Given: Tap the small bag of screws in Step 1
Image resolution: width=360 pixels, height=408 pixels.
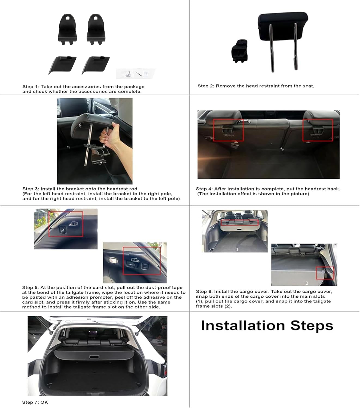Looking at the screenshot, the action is pyautogui.click(x=136, y=73).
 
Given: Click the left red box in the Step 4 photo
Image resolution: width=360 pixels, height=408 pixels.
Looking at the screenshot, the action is pyautogui.click(x=228, y=130).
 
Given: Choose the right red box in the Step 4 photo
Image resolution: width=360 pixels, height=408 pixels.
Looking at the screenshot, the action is pyautogui.click(x=318, y=130).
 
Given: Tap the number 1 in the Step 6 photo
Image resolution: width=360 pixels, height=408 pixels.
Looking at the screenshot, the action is pyautogui.click(x=237, y=249).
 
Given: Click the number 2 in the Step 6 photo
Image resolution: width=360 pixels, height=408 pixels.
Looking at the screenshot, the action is pyautogui.click(x=307, y=283).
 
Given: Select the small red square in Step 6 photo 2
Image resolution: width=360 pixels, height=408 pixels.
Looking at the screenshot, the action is pyautogui.click(x=325, y=273).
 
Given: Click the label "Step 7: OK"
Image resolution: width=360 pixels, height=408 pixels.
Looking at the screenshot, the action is pyautogui.click(x=35, y=402).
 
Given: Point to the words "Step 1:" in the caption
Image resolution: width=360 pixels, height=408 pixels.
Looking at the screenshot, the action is pyautogui.click(x=31, y=86).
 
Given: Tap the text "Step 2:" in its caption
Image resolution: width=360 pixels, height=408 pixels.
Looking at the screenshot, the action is pyautogui.click(x=206, y=86).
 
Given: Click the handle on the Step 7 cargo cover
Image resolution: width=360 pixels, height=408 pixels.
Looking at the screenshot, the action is pyautogui.click(x=94, y=357).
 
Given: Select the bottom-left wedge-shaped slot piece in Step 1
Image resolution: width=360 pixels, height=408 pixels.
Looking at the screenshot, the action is pyautogui.click(x=62, y=65).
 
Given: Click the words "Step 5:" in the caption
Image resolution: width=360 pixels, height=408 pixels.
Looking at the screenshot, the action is pyautogui.click(x=31, y=288).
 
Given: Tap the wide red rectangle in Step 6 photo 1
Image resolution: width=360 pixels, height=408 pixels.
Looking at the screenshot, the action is pyautogui.click(x=240, y=223).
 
